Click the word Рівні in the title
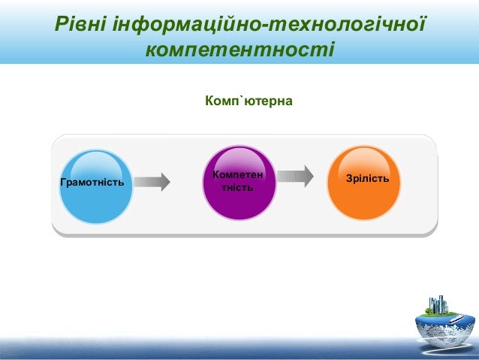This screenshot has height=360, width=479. tap(80, 25)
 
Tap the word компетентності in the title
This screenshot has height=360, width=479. tap(239, 50)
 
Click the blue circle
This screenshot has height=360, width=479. tap(95, 186)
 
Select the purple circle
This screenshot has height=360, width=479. tap(239, 183)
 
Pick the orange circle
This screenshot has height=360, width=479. tap(364, 183)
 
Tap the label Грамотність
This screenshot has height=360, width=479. tap(92, 183)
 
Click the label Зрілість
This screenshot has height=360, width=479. tap(366, 179)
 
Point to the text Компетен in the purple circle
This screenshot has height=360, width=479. tap(238, 174)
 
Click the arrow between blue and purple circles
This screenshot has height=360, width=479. tap(152, 182)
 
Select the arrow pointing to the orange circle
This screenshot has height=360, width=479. tap(295, 177)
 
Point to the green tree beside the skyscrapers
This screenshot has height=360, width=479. tap(429, 309)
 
